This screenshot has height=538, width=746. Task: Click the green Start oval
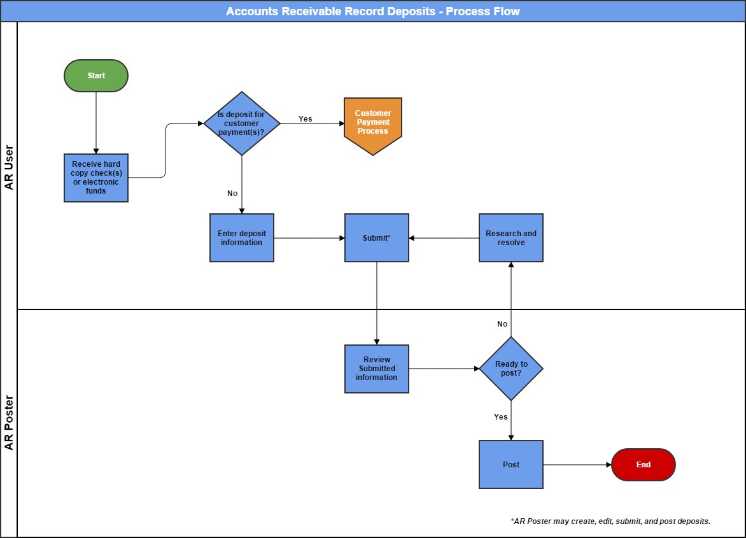96,76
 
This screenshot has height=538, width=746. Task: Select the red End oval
643,465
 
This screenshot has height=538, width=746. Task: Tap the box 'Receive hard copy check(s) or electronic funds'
96,178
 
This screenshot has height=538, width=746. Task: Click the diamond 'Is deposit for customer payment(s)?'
242,124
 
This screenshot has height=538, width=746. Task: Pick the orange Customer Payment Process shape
373,124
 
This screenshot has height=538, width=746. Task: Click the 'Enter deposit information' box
242,238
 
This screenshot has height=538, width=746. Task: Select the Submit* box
376,238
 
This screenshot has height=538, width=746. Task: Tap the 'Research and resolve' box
511,238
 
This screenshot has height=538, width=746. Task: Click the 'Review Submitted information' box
376,369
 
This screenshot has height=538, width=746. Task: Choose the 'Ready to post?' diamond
511,369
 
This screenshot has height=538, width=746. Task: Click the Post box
511,465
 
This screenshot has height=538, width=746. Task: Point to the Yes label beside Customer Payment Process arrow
306,119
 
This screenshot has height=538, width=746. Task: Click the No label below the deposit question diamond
232,194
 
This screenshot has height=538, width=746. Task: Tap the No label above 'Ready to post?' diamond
502,324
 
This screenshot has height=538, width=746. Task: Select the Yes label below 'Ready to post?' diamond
501,417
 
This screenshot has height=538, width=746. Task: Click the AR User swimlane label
9,167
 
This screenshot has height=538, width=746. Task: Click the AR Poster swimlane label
9,423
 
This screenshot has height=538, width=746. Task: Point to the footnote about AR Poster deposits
610,521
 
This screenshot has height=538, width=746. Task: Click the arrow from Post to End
577,465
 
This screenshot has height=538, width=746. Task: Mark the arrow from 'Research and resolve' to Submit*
444,238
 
